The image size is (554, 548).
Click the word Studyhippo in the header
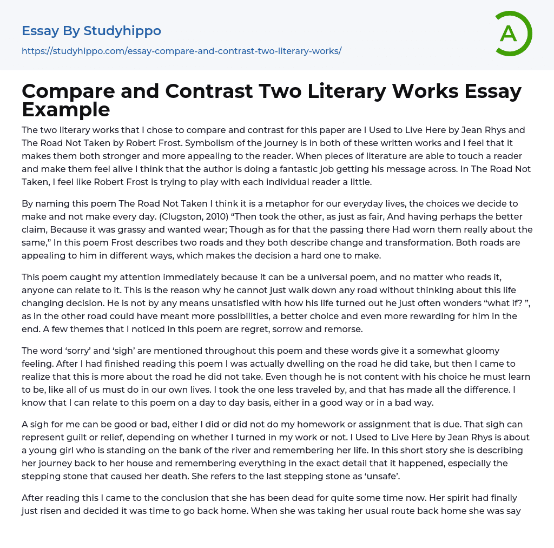point(122,31)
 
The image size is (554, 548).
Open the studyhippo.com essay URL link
point(181,51)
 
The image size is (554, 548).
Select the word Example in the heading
point(66,109)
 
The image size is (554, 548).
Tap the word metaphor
point(222,203)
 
